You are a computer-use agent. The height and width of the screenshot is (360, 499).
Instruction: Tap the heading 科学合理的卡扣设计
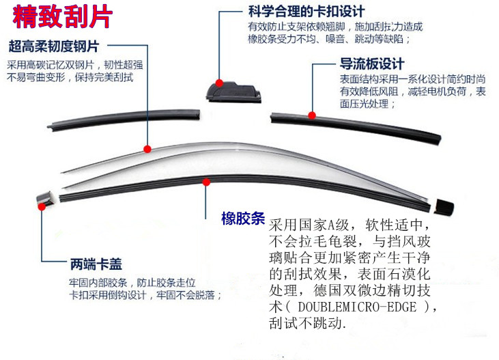(305, 12)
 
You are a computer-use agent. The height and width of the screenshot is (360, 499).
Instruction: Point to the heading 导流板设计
(372, 64)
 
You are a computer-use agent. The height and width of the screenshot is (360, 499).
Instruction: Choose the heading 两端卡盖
(96, 264)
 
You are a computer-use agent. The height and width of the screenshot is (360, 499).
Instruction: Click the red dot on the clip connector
(220, 82)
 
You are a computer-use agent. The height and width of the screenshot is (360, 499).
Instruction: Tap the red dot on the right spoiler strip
(312, 115)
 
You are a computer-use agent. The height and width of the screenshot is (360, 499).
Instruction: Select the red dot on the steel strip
(148, 148)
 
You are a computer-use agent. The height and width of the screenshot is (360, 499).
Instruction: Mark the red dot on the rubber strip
(207, 181)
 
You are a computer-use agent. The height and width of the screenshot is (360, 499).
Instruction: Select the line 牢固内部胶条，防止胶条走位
(132, 282)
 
